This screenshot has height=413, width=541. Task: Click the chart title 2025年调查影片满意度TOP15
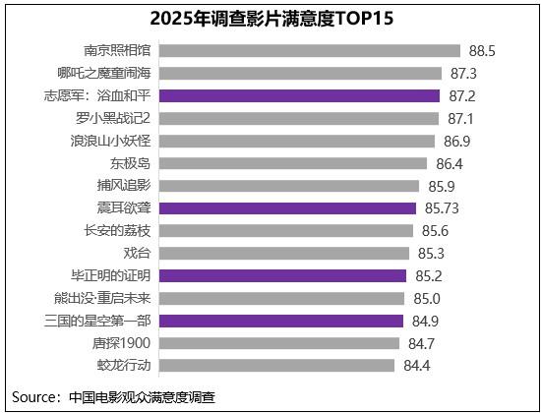pyautogui.click(x=271, y=19)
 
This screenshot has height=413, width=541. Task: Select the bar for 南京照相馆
pyautogui.click(x=310, y=51)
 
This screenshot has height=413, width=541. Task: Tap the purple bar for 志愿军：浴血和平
pyautogui.click(x=299, y=96)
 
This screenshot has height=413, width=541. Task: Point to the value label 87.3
pyautogui.click(x=463, y=74)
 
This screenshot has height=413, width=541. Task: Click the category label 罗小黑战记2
pyautogui.click(x=113, y=118)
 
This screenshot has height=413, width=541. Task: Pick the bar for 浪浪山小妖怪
pyautogui.click(x=297, y=142)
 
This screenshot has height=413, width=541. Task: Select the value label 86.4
pyautogui.click(x=450, y=164)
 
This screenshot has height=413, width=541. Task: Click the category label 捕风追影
pyautogui.click(x=124, y=186)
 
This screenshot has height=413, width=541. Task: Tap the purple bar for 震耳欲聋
pyautogui.click(x=287, y=208)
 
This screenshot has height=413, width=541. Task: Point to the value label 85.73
pyautogui.click(x=442, y=208)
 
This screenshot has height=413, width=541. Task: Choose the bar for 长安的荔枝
pyautogui.click(x=286, y=231)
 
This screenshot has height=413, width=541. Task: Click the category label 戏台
pyautogui.click(x=137, y=254)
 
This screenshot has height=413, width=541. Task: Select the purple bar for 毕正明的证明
pyautogui.click(x=282, y=276)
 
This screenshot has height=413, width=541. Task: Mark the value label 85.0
pyautogui.click(x=427, y=299)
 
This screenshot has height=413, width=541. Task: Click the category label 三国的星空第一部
pyautogui.click(x=97, y=321)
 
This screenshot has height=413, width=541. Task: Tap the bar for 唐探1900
pyautogui.click(x=279, y=343)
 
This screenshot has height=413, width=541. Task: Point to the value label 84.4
pyautogui.click(x=417, y=366)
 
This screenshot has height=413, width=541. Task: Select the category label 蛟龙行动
pyautogui.click(x=124, y=366)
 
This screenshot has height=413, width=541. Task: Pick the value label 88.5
pyautogui.click(x=482, y=51)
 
